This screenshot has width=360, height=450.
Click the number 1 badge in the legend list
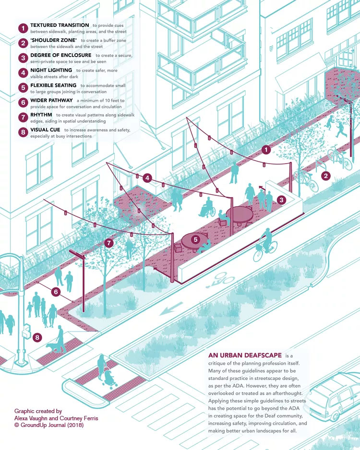pyautogui.click(x=23, y=28)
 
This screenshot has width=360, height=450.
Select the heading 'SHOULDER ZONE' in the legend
pyautogui.click(x=54, y=40)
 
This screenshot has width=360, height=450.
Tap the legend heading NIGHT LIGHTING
pyautogui.click(x=51, y=70)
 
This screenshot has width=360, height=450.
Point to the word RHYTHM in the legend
pyautogui.click(x=41, y=115)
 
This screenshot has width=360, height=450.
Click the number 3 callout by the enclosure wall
pyautogui.click(x=281, y=200)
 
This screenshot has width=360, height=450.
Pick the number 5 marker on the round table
pyautogui.click(x=195, y=239)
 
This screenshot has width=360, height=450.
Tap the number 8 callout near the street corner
pyautogui.click(x=37, y=337)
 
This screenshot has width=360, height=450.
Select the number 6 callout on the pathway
pyautogui.click(x=56, y=292)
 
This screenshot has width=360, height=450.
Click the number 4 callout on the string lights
pyautogui.click(x=147, y=178)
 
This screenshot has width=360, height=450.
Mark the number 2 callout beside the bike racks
pyautogui.click(x=325, y=176)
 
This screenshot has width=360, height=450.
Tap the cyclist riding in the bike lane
pyautogui.click(x=265, y=245)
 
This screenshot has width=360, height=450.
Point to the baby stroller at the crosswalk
pyautogui.click(x=109, y=379)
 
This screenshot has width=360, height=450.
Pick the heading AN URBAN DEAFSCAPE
pyautogui.click(x=245, y=355)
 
